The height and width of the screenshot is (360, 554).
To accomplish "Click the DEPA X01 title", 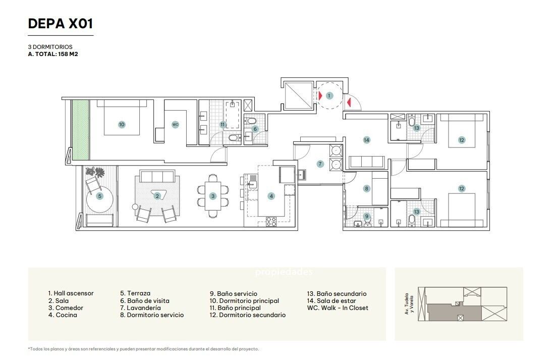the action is point(61,23).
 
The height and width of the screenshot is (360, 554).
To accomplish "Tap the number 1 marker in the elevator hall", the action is point(329,95).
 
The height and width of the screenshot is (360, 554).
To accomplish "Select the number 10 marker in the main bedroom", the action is point(122,125).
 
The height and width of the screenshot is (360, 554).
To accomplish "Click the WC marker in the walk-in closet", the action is point(175,125).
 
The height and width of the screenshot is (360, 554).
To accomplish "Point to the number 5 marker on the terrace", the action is point(100,196).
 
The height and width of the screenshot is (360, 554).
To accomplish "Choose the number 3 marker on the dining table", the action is point(213,196).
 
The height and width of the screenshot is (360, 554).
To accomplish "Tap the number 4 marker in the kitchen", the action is point(271,196).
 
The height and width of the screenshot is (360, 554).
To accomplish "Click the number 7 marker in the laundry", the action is point(320,164).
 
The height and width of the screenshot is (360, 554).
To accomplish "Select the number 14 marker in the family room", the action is point(366,140).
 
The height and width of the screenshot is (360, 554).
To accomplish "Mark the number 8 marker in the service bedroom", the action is point(366,188).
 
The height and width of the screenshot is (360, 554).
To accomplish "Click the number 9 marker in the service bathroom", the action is point(366,217).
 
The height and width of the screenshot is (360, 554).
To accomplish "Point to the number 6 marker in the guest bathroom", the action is point(255,129).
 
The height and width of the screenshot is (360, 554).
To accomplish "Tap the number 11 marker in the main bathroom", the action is point(223,125).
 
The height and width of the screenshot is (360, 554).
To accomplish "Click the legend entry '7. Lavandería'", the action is point(140,307).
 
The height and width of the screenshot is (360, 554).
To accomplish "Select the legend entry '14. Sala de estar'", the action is point(331,300).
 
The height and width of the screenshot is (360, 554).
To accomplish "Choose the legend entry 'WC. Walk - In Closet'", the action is point(338,307).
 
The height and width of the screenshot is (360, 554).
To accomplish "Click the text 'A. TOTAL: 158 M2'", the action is point(53,54).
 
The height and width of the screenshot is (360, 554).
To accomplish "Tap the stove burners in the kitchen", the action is point(271,221).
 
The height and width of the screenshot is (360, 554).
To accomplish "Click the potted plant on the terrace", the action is point(95,172).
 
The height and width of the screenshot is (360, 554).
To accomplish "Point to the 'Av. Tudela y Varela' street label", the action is point(409,303).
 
